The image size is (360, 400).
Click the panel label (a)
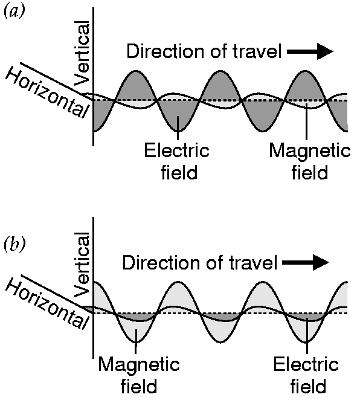[14, 11]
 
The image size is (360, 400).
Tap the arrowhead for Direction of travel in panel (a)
[325, 51]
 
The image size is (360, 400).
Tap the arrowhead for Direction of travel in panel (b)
[321, 262]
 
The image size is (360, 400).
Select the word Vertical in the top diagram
[82, 53]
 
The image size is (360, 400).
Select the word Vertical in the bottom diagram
[82, 265]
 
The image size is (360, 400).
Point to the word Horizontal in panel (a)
[47, 94]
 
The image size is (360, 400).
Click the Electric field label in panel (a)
[177, 161]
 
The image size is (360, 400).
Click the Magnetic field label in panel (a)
[310, 161]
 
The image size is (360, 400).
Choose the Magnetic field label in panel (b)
[139, 375]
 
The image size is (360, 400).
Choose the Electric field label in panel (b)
[307, 375]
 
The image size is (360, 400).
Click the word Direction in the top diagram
[166, 51]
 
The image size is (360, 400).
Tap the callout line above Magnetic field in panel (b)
[136, 341]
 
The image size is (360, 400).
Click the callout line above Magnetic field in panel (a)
[306, 121]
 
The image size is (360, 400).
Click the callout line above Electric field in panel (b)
[307, 335]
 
